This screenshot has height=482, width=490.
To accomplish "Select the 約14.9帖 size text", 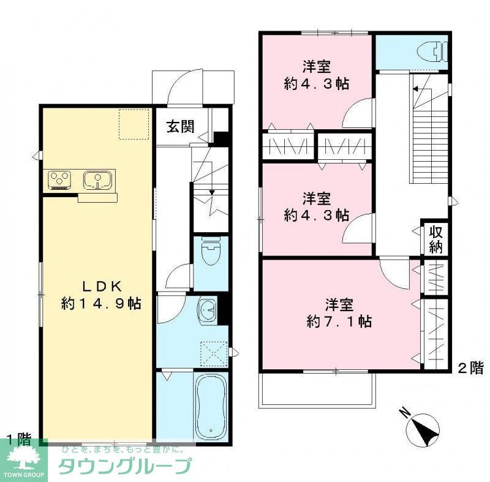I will tap(102, 303).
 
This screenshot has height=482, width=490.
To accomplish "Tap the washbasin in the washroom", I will tap(207, 311).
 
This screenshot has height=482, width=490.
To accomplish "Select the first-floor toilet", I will tap(211, 253).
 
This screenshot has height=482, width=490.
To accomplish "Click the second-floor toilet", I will tap(436, 51).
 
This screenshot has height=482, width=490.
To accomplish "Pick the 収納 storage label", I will tap(435, 239).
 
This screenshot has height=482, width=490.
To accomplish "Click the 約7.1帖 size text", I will tap(339, 321).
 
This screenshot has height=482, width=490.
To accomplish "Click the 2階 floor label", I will tap(470, 368).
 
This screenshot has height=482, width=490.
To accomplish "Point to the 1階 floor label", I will tap(18, 439).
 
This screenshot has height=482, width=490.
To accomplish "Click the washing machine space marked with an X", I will tap(215, 354).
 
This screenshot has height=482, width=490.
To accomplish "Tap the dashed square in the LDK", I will tap(134, 124).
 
